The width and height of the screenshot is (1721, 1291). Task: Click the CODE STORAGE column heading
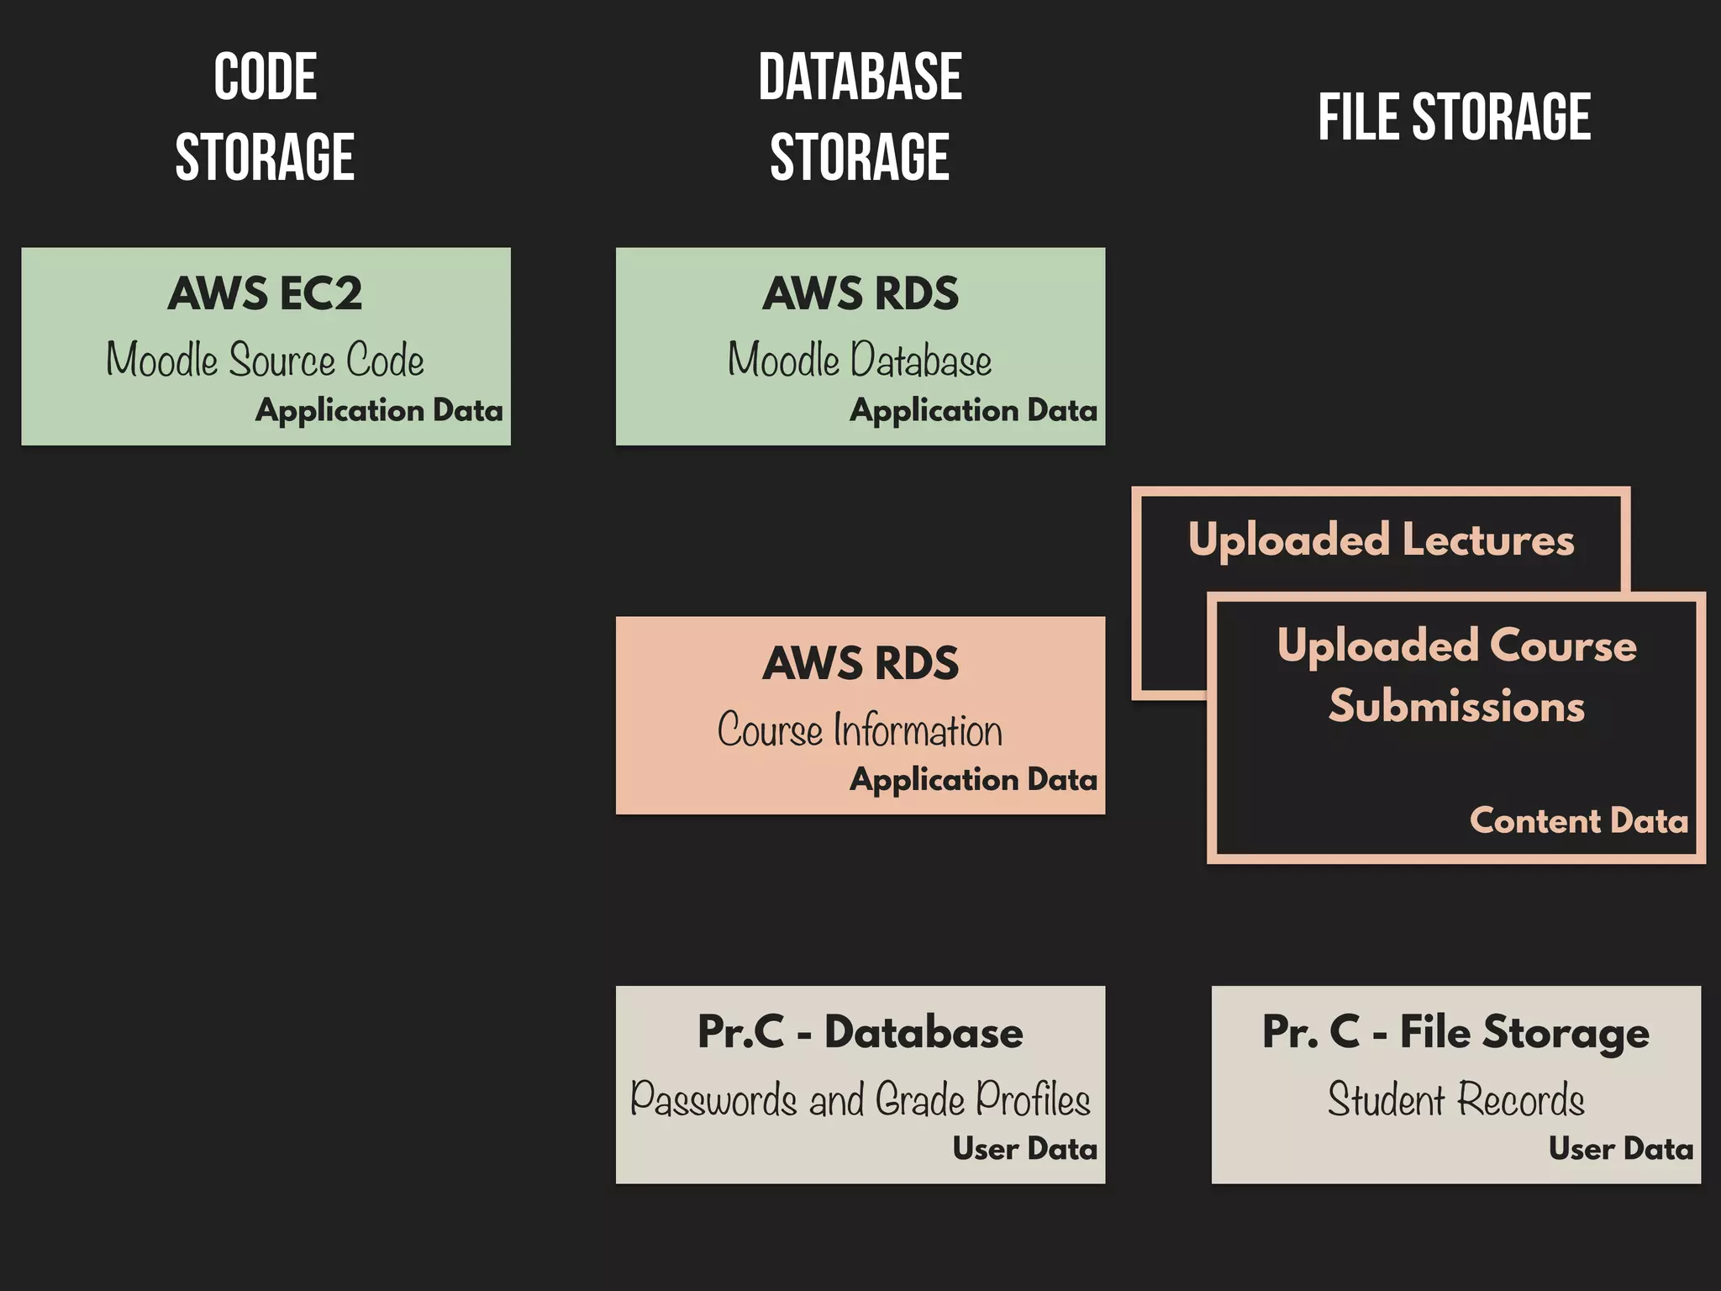click(x=265, y=116)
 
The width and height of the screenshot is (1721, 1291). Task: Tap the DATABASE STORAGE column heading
click(x=860, y=116)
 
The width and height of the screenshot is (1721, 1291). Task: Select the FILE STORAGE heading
click(x=1454, y=117)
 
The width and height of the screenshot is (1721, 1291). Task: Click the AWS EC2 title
click(x=265, y=293)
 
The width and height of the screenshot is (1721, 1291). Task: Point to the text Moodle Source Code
click(x=265, y=360)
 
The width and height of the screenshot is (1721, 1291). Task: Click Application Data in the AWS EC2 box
click(x=379, y=410)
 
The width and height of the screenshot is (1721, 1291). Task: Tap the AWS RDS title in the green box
click(x=860, y=293)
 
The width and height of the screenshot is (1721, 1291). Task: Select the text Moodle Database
click(x=860, y=360)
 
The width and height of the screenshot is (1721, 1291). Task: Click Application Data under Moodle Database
click(x=973, y=410)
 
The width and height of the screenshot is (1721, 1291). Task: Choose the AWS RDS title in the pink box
click(x=860, y=663)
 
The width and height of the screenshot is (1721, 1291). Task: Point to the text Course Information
click(x=860, y=730)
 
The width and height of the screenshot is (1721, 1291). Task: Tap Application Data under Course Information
click(x=973, y=779)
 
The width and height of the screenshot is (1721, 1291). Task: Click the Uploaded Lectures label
click(x=1381, y=540)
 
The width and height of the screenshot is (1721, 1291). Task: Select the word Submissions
click(x=1456, y=706)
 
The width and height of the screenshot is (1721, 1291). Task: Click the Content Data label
click(x=1578, y=820)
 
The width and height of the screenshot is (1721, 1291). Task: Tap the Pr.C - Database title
click(x=860, y=1032)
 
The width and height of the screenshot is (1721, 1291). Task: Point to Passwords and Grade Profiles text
click(x=860, y=1099)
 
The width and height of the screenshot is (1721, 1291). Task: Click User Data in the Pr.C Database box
click(x=1024, y=1148)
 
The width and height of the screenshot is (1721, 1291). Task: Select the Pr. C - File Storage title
click(x=1455, y=1032)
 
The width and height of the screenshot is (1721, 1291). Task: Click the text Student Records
click(x=1455, y=1099)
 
